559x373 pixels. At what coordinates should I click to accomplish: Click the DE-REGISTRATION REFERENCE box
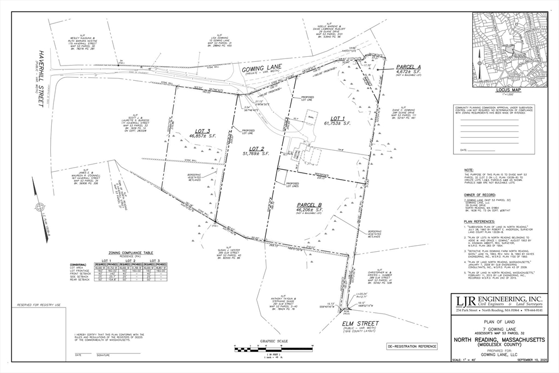point(412,346)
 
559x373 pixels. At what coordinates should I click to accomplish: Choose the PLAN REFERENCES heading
point(478,222)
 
